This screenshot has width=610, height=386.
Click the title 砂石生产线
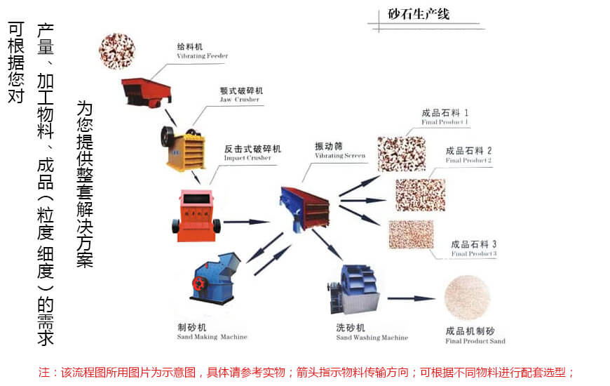pos(419,15)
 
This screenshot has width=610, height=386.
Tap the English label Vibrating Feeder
pos(203,56)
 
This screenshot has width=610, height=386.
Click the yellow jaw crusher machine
pos(183,148)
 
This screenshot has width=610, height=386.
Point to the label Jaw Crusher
pos(239,100)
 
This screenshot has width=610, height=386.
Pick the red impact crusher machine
pos(196,215)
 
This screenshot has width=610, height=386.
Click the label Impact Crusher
pos(248,158)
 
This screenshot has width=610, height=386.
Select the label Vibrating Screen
pos(340,156)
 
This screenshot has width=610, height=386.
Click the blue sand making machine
pos(215,278)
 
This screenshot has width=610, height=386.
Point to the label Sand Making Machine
pos(212,337)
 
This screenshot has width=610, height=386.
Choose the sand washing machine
pos(353,289)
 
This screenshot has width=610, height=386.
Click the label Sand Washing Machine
pos(372,338)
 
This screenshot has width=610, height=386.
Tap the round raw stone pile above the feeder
pos(116,51)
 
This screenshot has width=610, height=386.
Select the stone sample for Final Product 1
pos(402,154)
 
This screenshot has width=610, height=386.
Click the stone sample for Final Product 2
pos(421,194)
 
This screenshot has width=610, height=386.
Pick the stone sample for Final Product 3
pos(411,234)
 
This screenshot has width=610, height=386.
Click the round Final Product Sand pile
pos(467,298)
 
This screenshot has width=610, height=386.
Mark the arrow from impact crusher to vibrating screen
pos(247,222)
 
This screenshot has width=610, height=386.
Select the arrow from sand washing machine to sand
pos(411,299)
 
